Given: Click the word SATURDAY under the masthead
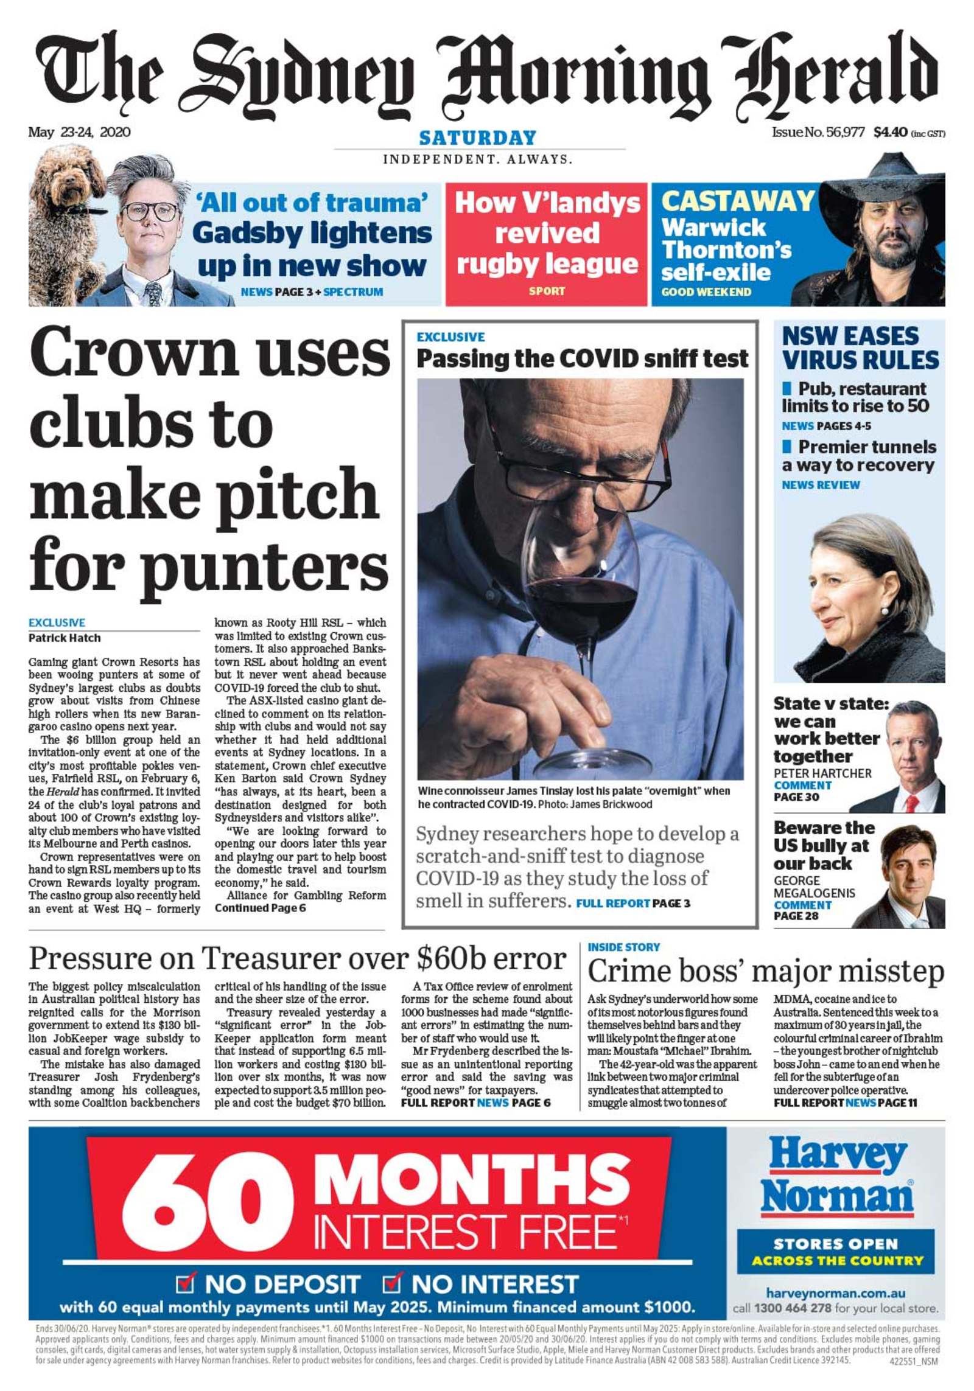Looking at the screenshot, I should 477,138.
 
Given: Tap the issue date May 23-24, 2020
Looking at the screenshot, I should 79,132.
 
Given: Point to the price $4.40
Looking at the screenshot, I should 890,132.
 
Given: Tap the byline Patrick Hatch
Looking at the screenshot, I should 65,638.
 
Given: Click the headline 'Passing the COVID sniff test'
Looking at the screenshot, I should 582,359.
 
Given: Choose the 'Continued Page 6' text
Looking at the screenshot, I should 260,908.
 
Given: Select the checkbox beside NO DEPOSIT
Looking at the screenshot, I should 184,1283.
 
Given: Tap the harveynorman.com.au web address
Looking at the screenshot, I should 835,1293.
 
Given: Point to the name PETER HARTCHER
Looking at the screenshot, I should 822,773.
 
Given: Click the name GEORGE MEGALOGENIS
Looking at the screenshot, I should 814,887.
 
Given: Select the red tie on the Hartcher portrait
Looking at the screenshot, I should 911,804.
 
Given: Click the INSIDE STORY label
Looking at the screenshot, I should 623,947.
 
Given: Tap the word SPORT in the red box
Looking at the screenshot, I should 546,291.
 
